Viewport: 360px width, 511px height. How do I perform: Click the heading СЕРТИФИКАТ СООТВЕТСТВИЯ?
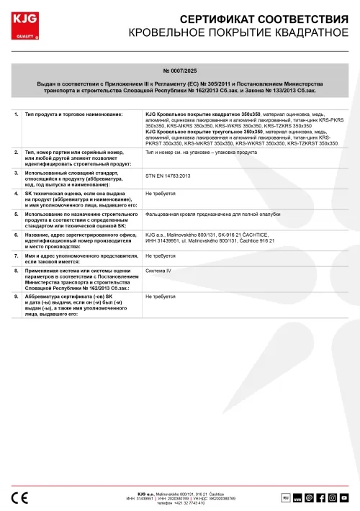click(x=249, y=18)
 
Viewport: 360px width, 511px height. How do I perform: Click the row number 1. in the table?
click(x=17, y=114)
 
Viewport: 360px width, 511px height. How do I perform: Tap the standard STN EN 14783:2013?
click(x=168, y=176)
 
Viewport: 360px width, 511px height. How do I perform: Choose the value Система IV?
click(x=160, y=271)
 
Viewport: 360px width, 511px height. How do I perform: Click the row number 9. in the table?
click(x=17, y=296)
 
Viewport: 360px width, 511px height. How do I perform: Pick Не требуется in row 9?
click(x=160, y=296)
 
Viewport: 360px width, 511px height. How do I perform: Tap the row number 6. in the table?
click(x=17, y=234)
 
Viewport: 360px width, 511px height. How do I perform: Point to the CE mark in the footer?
click(x=21, y=497)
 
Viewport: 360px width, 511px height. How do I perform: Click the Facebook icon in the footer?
click(x=320, y=497)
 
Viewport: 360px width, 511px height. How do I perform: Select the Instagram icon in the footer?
click(x=333, y=497)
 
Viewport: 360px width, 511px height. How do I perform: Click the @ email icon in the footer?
click(x=309, y=497)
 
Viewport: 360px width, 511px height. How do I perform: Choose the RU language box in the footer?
click(x=285, y=497)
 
